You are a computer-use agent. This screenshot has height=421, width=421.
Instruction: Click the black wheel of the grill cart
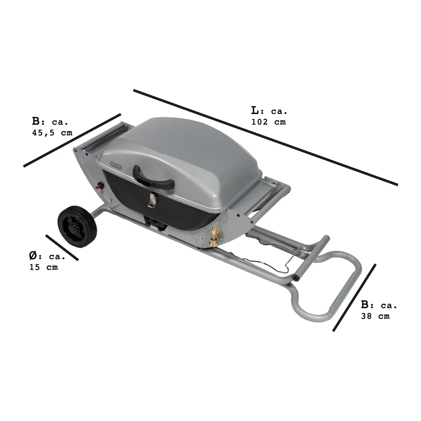click(x=77, y=227)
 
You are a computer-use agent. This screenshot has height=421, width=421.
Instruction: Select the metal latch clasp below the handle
click(x=152, y=201)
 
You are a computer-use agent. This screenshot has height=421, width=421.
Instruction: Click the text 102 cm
click(x=268, y=122)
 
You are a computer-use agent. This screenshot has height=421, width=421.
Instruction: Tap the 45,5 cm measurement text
click(x=52, y=133)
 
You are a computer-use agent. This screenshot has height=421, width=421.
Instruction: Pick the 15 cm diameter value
click(x=44, y=267)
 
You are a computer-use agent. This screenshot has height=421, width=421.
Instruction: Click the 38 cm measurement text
click(x=375, y=316)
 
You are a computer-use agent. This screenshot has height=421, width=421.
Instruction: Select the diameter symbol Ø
click(x=33, y=256)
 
